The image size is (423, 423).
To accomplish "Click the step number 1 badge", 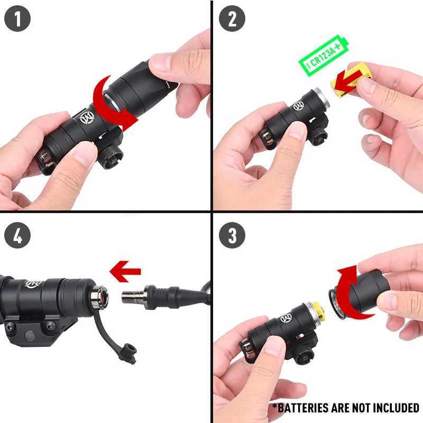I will (17, 20).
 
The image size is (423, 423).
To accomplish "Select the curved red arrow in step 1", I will (114, 103).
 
